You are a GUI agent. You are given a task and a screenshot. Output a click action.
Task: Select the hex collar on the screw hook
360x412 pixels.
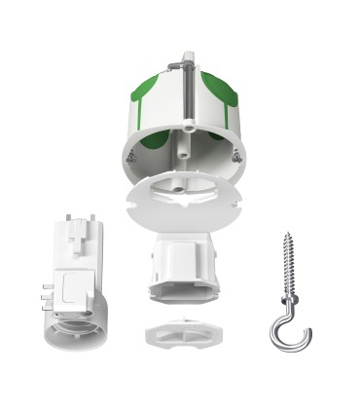(x=290, y=302)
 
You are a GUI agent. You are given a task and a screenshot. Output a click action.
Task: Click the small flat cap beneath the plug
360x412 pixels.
(x=180, y=334)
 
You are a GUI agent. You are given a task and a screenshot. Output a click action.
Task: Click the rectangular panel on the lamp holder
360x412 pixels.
(x=73, y=287)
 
